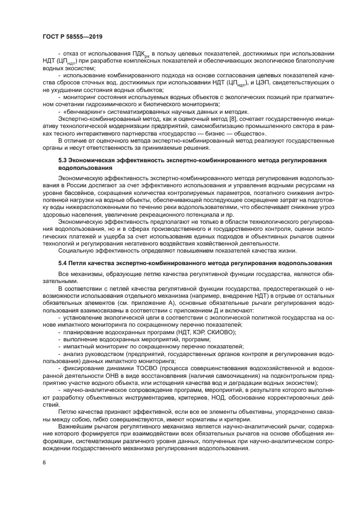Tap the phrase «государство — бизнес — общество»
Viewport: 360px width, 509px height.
click(x=216, y=133)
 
